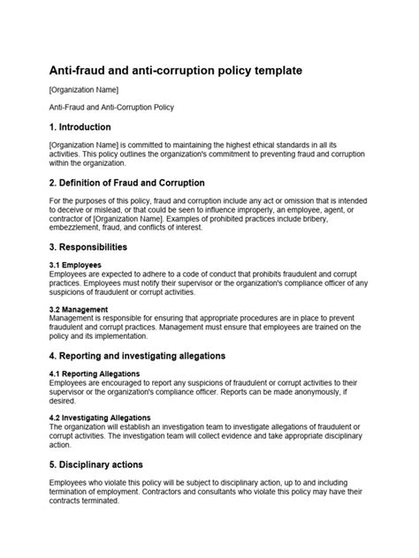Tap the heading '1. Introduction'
pos(80,127)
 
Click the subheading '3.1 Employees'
pos(75,265)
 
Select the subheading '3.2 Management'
pos(79,310)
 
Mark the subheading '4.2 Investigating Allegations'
pos(100,418)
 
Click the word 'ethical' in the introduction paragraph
pos(270,145)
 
